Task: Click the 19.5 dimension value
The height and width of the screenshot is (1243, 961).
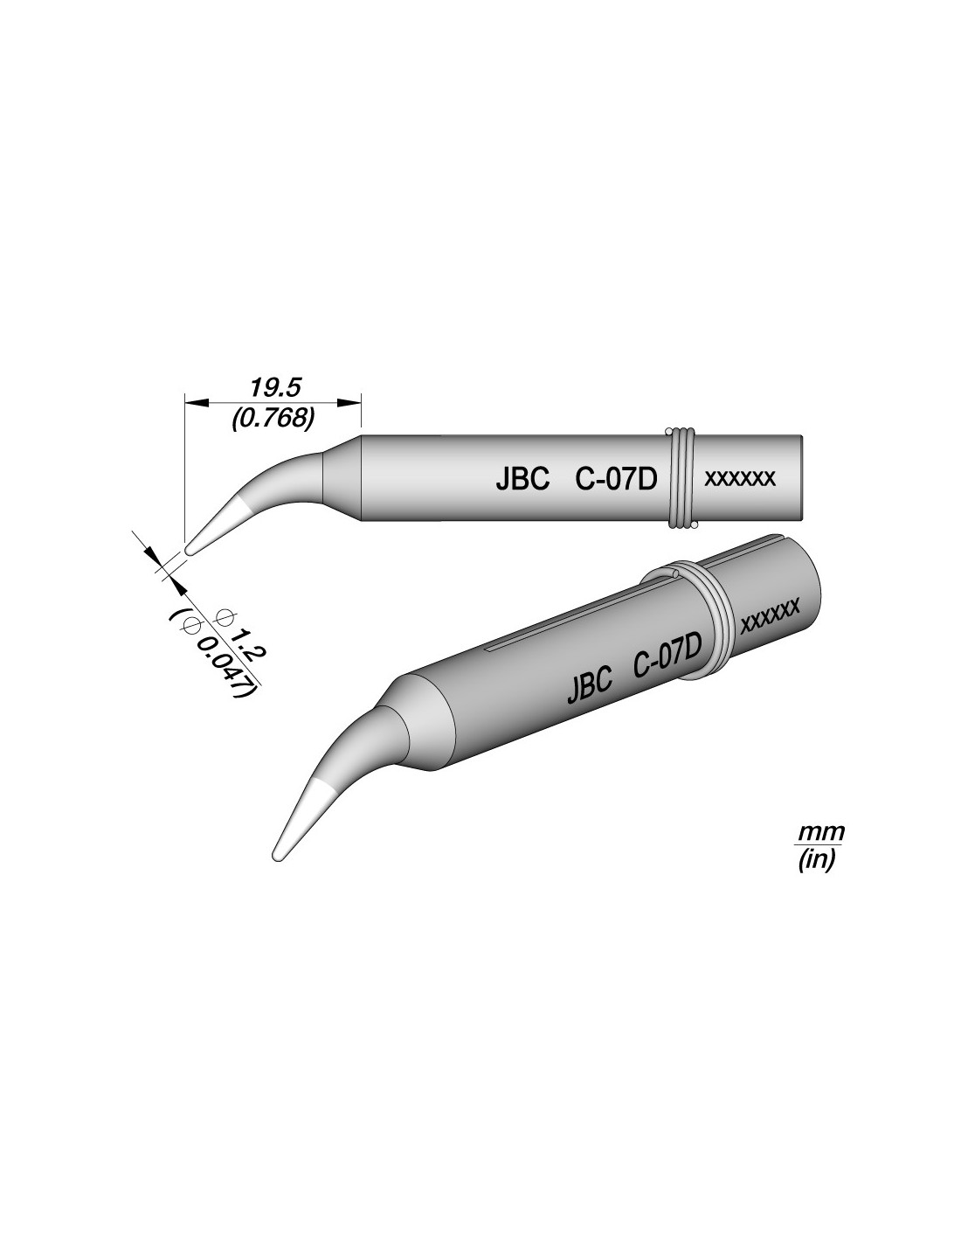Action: [273, 388]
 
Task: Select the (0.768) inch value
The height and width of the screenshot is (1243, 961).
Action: [273, 420]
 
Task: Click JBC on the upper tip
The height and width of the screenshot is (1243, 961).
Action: [522, 480]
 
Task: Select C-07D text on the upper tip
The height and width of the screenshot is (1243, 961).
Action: [616, 480]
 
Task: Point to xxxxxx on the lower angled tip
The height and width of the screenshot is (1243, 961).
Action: [770, 617]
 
